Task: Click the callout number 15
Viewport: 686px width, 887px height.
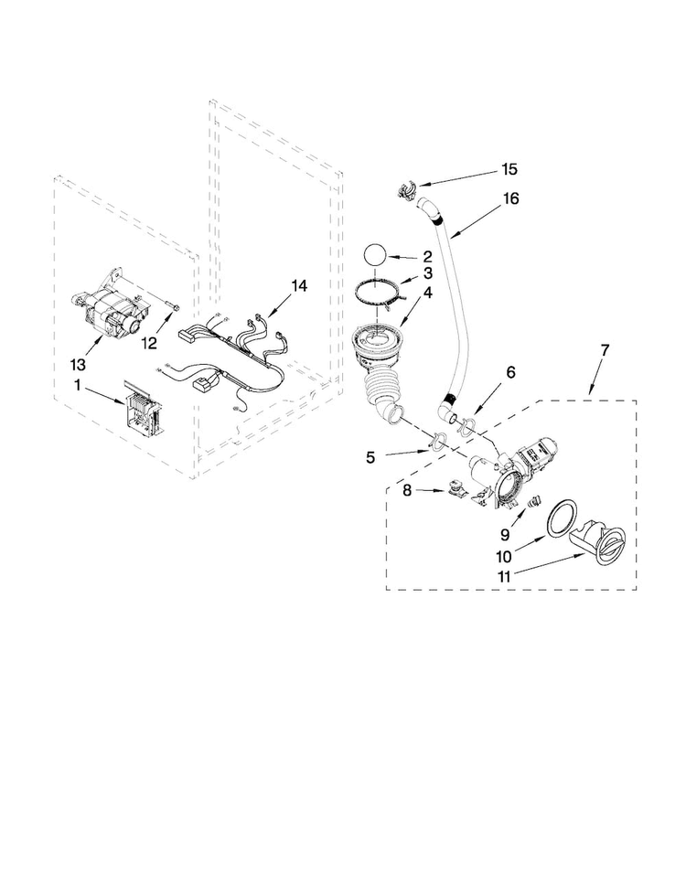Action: coord(508,169)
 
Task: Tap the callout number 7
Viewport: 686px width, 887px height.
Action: coord(603,351)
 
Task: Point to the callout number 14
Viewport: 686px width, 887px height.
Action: coord(298,285)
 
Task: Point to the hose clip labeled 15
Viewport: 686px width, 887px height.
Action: coord(405,191)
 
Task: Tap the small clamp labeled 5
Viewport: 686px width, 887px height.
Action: coord(437,443)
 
